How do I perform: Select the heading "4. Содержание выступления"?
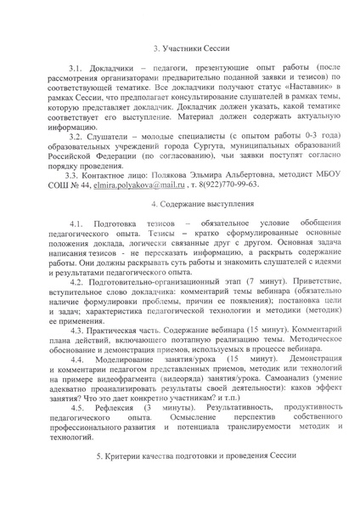(179, 206)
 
